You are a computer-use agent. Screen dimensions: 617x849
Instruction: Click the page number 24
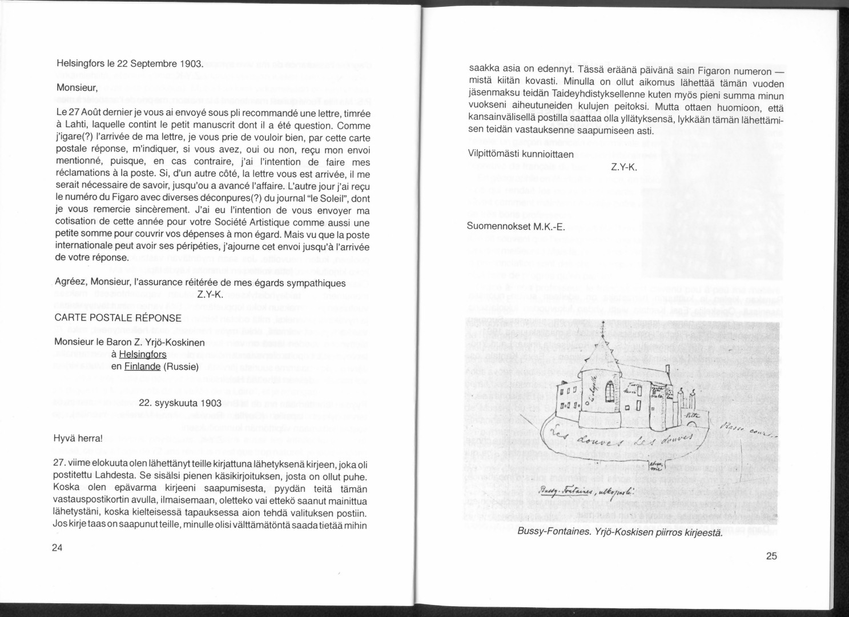pyautogui.click(x=57, y=548)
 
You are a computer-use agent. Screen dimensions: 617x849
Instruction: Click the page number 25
pyautogui.click(x=772, y=557)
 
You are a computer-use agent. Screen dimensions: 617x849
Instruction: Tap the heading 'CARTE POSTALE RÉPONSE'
pyautogui.click(x=118, y=318)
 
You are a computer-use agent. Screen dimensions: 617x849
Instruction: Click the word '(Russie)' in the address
pyautogui.click(x=181, y=367)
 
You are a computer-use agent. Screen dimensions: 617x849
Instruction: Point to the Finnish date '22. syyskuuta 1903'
pyautogui.click(x=180, y=403)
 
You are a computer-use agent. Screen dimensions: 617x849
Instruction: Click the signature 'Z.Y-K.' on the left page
pyautogui.click(x=210, y=295)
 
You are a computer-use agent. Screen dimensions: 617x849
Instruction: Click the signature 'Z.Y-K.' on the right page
pyautogui.click(x=624, y=167)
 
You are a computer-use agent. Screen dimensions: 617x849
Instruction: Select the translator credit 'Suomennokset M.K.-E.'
pyautogui.click(x=516, y=227)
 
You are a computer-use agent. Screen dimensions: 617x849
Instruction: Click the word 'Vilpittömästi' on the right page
pyautogui.click(x=493, y=154)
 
